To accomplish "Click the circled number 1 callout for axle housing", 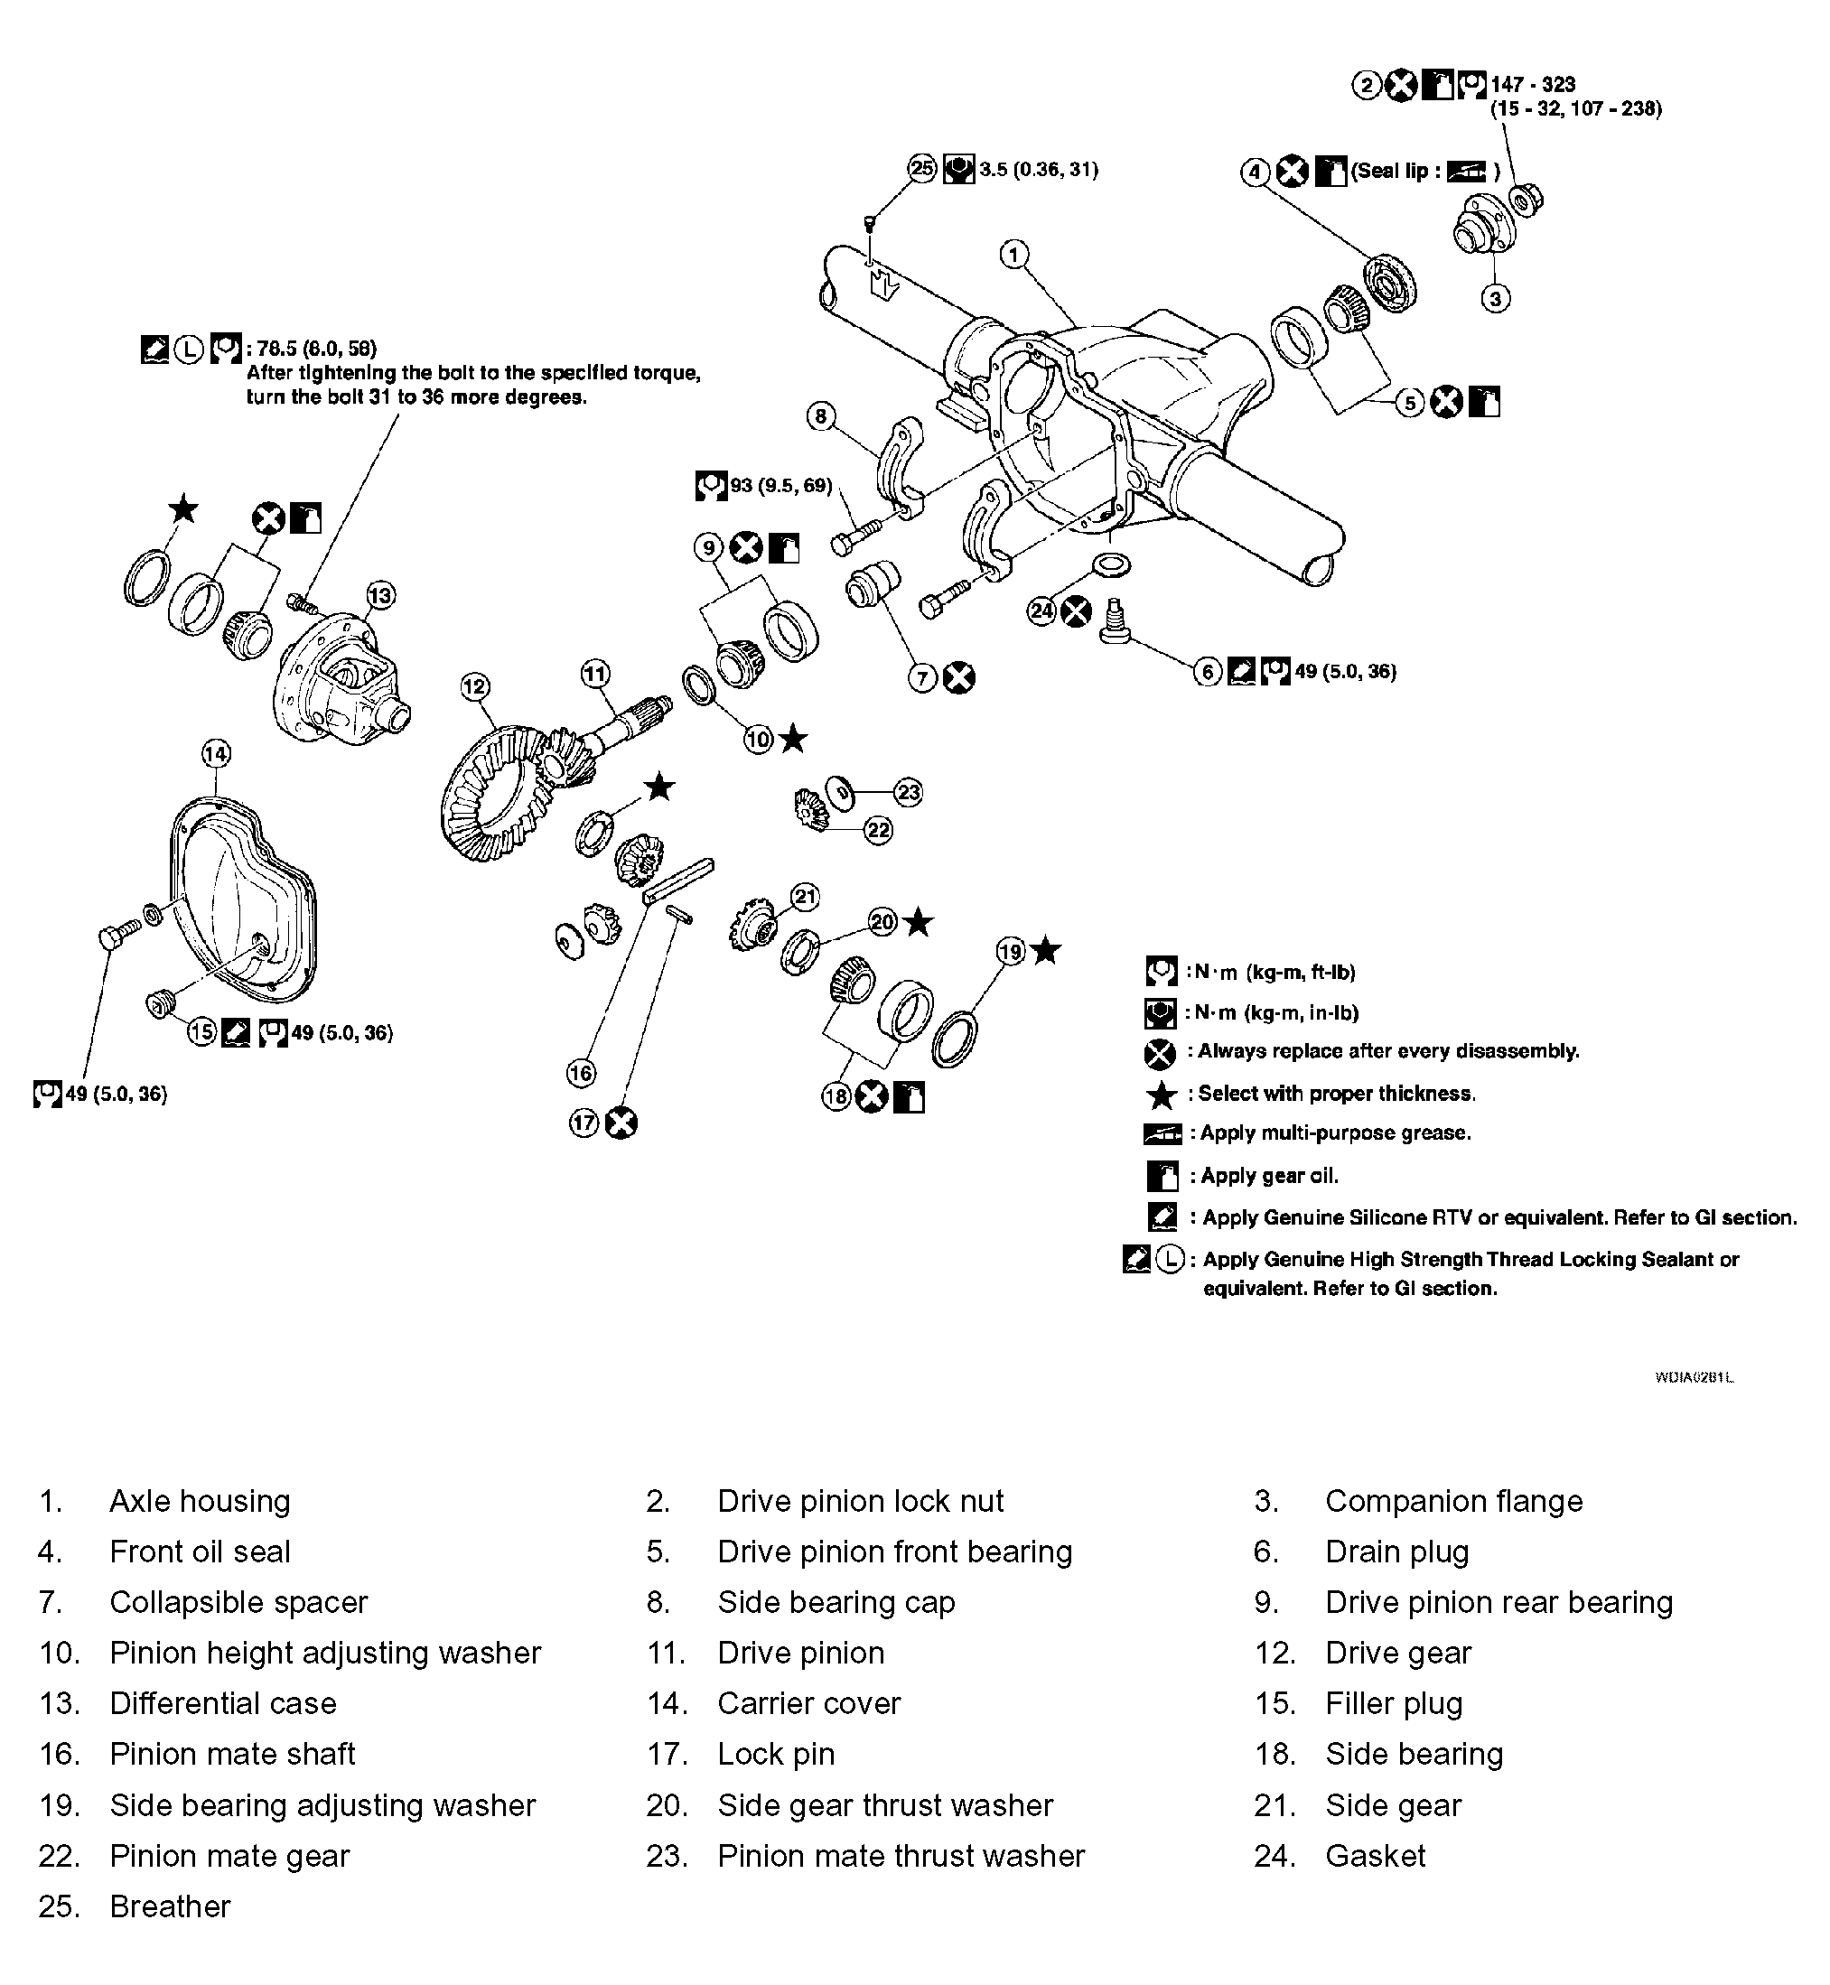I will tap(1013, 256).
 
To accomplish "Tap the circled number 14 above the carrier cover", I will tap(216, 754).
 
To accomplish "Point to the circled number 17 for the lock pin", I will tap(584, 1123).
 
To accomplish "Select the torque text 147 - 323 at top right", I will tap(1533, 85).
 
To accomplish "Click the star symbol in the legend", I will tap(1161, 1095).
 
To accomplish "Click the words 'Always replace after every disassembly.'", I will tap(1387, 1051).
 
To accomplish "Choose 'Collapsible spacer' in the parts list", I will tap(238, 1602).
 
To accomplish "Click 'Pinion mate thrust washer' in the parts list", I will tap(901, 1855).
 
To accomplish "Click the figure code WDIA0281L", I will tap(1695, 1377).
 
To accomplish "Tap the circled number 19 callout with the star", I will tap(1009, 953).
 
